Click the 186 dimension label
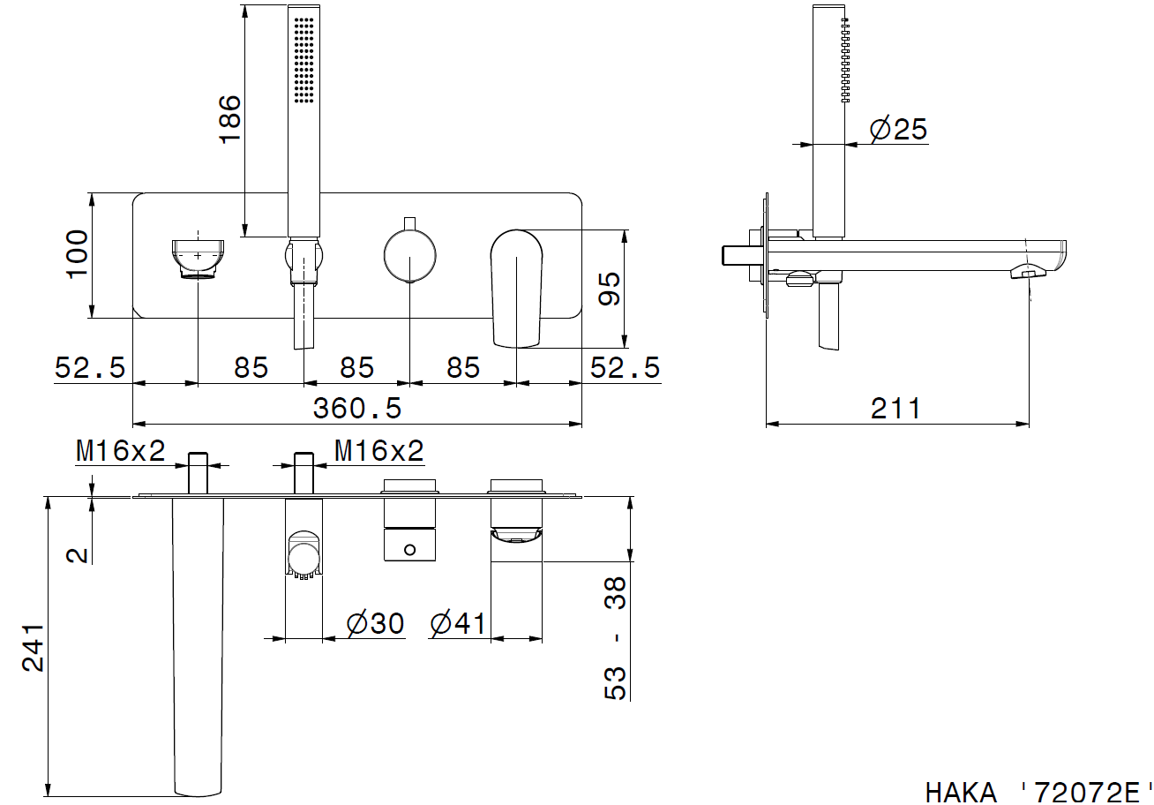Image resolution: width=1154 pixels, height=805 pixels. (x=229, y=119)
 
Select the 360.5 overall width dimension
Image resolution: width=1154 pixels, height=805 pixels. (x=357, y=409)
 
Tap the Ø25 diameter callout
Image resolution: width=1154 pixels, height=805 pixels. (x=898, y=129)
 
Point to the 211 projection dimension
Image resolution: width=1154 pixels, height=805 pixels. (x=895, y=409)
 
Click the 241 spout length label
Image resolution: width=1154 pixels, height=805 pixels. (x=33, y=647)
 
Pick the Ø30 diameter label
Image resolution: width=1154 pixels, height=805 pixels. (x=375, y=623)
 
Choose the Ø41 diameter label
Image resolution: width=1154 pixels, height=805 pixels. (x=458, y=623)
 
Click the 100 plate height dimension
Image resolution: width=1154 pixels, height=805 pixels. (x=78, y=254)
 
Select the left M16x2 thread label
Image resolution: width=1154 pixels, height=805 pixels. (x=121, y=451)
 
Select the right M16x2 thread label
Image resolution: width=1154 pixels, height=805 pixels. (x=379, y=451)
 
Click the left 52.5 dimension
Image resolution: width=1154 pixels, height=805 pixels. (x=90, y=368)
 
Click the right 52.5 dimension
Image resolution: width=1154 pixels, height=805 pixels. (x=625, y=368)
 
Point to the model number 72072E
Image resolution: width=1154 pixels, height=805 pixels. (x=1087, y=793)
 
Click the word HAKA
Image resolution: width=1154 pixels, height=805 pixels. (x=962, y=793)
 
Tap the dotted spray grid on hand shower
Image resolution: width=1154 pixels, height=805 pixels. (x=304, y=60)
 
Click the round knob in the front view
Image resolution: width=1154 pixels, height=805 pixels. (x=410, y=256)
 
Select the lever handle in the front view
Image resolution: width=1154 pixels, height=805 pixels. (x=516, y=289)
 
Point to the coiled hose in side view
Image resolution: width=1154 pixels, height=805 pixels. (x=845, y=60)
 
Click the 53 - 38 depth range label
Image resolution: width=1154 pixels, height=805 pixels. (x=615, y=638)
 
